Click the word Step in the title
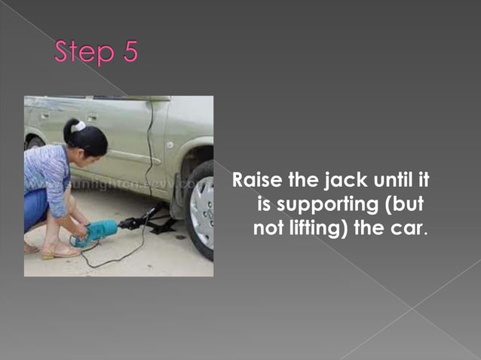[x=84, y=53]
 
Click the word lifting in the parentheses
[x=316, y=228]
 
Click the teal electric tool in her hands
[x=98, y=230]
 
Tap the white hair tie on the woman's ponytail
[x=78, y=127]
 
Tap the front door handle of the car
[x=91, y=118]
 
